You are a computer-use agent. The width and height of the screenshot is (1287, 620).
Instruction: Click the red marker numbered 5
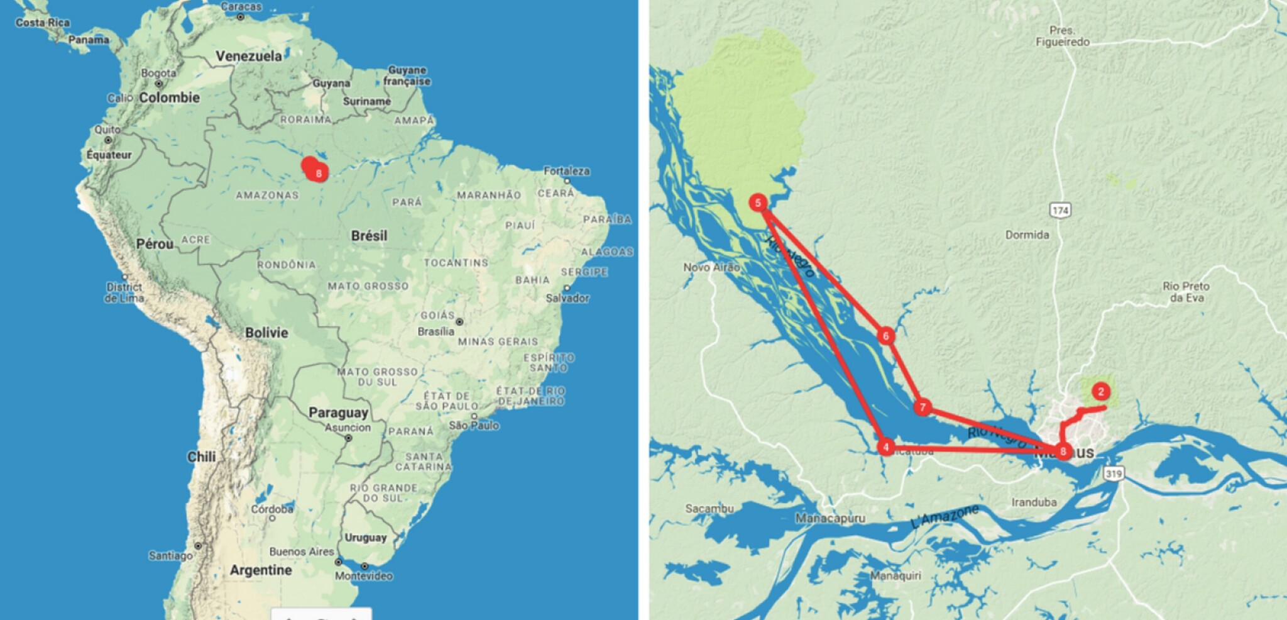pyautogui.click(x=758, y=202)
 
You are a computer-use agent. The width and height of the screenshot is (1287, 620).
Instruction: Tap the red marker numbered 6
pyautogui.click(x=885, y=336)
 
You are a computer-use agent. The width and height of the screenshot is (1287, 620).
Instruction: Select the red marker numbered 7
pyautogui.click(x=922, y=407)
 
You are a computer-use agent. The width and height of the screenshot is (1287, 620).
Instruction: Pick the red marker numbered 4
pyautogui.click(x=885, y=447)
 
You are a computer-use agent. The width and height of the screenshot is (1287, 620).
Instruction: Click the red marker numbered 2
pyautogui.click(x=1100, y=391)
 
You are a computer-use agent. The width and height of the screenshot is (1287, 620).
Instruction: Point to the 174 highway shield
pyautogui.click(x=1060, y=210)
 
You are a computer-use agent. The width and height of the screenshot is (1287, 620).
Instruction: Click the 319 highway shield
pyautogui.click(x=1114, y=473)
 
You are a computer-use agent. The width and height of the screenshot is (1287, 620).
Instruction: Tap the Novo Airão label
pyautogui.click(x=711, y=267)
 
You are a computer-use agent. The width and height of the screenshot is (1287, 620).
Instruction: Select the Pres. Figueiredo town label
pyautogui.click(x=1062, y=36)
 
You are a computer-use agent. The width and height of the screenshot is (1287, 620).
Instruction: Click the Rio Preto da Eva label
pyautogui.click(x=1186, y=292)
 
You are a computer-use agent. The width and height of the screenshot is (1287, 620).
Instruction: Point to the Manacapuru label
pyautogui.click(x=830, y=518)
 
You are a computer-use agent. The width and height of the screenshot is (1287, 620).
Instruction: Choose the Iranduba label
pyautogui.click(x=1034, y=502)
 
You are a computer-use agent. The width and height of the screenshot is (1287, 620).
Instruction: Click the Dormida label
pyautogui.click(x=1027, y=235)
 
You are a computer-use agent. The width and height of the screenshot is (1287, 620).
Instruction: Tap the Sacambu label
pyautogui.click(x=709, y=508)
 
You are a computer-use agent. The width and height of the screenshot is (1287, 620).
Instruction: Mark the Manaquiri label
pyautogui.click(x=895, y=575)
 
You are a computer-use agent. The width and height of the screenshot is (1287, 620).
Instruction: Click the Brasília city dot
pyautogui.click(x=459, y=321)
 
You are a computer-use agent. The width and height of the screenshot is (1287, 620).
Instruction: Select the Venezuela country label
pyautogui.click(x=249, y=56)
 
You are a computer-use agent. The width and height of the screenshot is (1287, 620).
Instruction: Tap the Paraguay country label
pyautogui.click(x=338, y=412)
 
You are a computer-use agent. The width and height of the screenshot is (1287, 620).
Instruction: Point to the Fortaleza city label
pyautogui.click(x=566, y=171)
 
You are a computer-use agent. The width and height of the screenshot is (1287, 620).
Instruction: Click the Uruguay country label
pyautogui.click(x=365, y=538)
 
